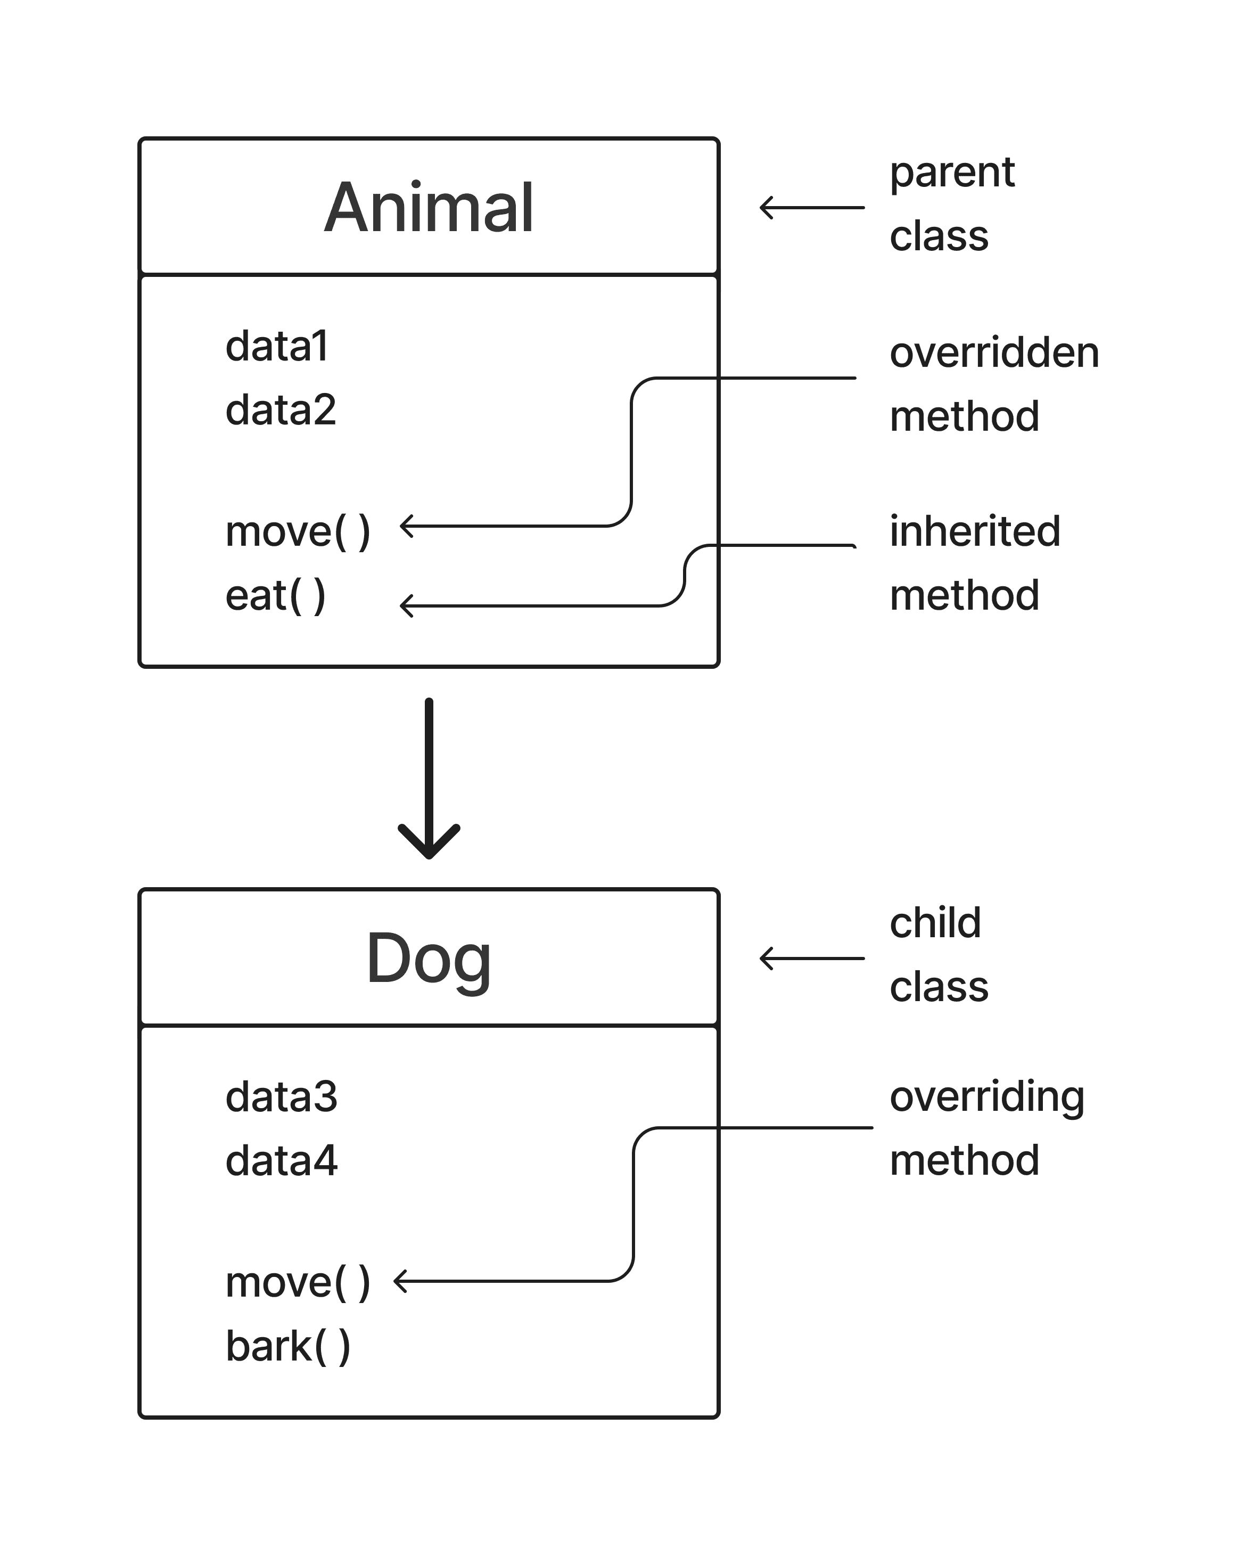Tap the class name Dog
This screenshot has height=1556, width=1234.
pos(428,959)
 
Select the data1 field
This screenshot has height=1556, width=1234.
pos(277,347)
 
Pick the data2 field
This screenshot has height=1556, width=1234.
pos(281,410)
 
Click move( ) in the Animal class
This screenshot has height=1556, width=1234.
pos(297,532)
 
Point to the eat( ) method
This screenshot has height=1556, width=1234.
pos(275,596)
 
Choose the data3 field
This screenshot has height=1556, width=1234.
pos(281,1097)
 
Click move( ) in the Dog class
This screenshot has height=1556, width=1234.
pos(297,1283)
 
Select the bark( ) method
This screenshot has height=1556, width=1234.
pos(287,1347)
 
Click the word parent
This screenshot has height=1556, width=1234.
pos(951,173)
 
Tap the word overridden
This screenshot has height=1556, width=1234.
pos(994,353)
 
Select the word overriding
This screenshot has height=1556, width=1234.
pos(986,1097)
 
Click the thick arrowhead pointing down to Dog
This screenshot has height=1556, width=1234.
pos(429,845)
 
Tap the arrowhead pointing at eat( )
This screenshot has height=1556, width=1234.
pos(406,605)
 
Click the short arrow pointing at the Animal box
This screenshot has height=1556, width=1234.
pos(811,208)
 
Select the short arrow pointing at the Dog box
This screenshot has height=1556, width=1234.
pos(811,959)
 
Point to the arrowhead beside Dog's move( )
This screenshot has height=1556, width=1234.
pos(399,1281)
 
